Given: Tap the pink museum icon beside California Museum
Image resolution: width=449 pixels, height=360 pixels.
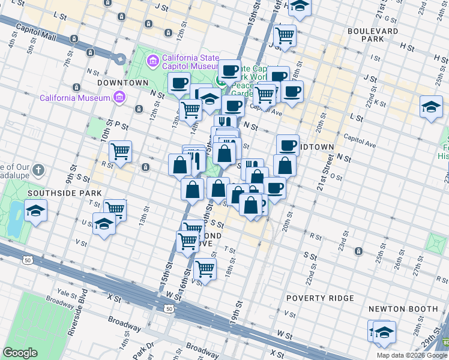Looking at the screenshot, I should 119,97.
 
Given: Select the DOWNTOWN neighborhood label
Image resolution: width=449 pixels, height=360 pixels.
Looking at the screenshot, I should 123,82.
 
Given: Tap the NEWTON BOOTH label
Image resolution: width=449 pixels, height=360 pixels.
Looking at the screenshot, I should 403,309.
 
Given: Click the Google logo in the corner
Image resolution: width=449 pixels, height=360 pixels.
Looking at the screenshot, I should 20,353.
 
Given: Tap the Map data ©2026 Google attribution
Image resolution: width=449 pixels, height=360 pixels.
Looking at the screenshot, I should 412,355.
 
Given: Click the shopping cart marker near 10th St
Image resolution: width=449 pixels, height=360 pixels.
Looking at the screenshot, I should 120,152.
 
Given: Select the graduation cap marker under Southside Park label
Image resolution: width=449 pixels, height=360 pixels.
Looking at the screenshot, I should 35,211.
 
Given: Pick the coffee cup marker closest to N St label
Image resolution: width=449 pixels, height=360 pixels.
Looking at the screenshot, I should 178,83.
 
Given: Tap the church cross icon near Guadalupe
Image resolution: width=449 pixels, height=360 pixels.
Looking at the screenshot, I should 39,171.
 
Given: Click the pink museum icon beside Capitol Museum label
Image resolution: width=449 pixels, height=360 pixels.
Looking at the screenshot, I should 152,61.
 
